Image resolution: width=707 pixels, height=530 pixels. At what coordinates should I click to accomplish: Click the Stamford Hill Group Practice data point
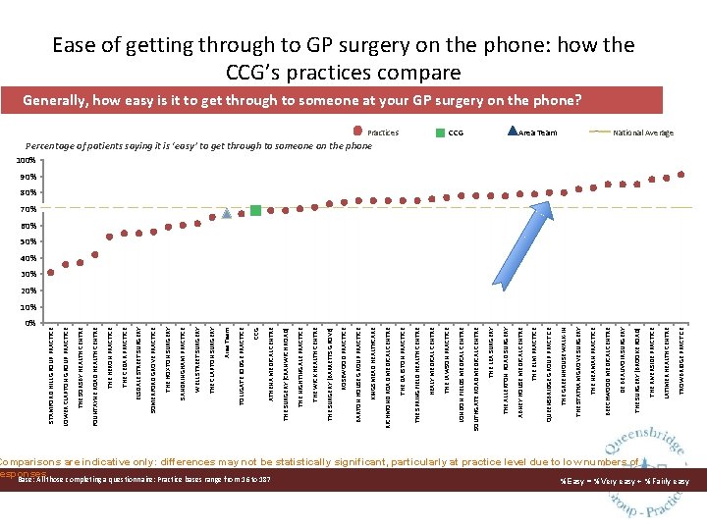click(x=51, y=273)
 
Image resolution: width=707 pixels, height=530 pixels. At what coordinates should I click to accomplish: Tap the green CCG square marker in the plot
click(x=255, y=210)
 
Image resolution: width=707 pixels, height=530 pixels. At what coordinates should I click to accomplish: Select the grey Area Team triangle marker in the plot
click(x=227, y=213)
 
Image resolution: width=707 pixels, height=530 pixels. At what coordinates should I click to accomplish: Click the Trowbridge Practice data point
click(x=681, y=175)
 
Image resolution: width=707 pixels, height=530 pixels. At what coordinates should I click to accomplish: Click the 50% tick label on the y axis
click(x=27, y=241)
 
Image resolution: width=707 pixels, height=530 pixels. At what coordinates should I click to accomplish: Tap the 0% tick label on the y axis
click(x=29, y=322)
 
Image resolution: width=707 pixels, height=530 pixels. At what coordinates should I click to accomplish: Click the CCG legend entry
click(x=454, y=132)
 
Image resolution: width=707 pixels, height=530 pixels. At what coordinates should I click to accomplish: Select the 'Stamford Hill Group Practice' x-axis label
click(x=51, y=383)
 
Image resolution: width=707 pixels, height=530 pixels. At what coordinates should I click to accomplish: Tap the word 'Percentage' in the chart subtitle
click(x=69, y=146)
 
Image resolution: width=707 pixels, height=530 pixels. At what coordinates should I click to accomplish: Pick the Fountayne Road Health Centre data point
click(x=95, y=255)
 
